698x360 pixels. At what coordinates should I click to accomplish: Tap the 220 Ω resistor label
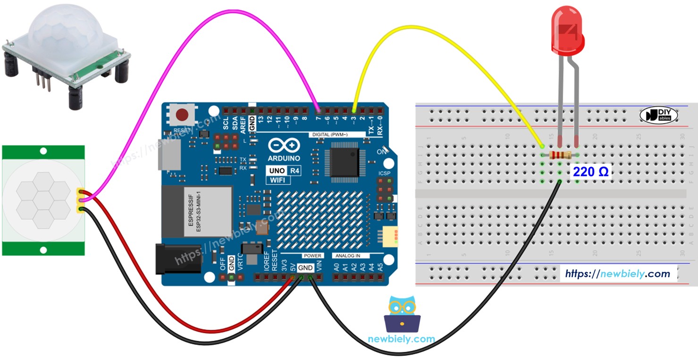pos(590,172)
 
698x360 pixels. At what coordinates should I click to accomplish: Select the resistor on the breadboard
pos(559,155)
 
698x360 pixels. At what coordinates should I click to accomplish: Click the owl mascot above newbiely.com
pos(402,315)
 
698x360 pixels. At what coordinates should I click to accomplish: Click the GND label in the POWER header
pos(305,268)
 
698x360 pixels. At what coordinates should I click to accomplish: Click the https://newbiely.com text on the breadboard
pos(617,274)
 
